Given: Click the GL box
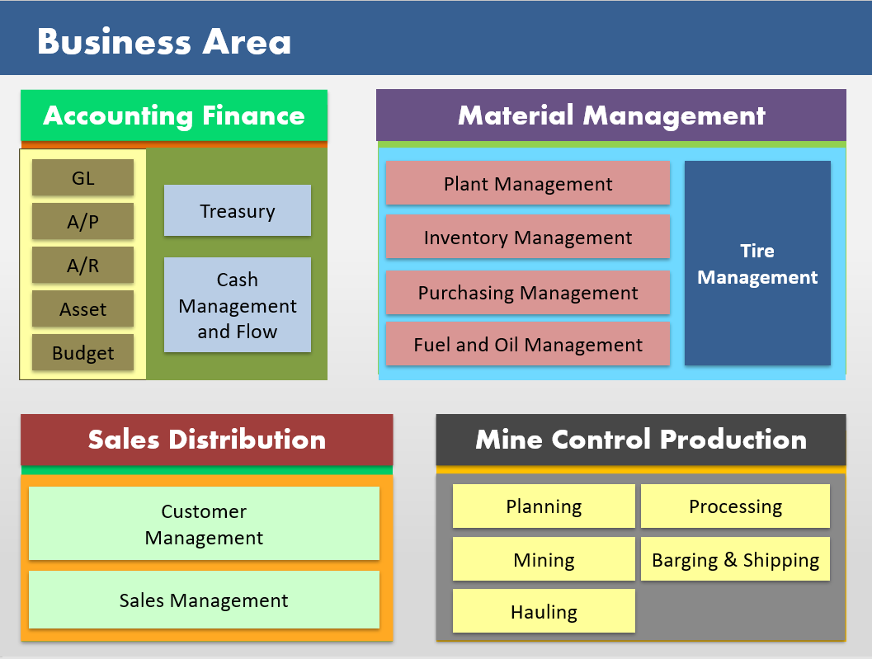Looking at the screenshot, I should point(82,177).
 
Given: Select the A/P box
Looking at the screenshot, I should point(82,221).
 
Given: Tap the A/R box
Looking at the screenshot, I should point(82,265).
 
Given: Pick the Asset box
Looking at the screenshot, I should point(82,309).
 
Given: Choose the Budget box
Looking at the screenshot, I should point(82,353).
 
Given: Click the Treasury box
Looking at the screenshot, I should point(238,211).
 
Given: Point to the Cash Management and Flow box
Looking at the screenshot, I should point(238,305).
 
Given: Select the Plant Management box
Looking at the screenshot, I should point(528,184).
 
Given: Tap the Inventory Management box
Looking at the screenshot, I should point(528,238).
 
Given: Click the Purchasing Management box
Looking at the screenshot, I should point(528,293).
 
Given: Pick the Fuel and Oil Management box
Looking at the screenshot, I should point(528,345).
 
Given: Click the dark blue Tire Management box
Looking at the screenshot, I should point(757,263).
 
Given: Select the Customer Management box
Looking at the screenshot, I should point(204,525).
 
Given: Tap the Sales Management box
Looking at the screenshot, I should point(204,600).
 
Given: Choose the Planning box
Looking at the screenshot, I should point(544,506).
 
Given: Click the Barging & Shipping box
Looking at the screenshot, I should point(735,560).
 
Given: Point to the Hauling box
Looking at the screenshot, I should point(544,611).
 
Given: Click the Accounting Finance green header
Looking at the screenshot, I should point(174,115).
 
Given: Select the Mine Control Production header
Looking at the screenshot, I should point(641,440).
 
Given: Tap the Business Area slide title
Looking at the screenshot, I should point(164,41).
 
